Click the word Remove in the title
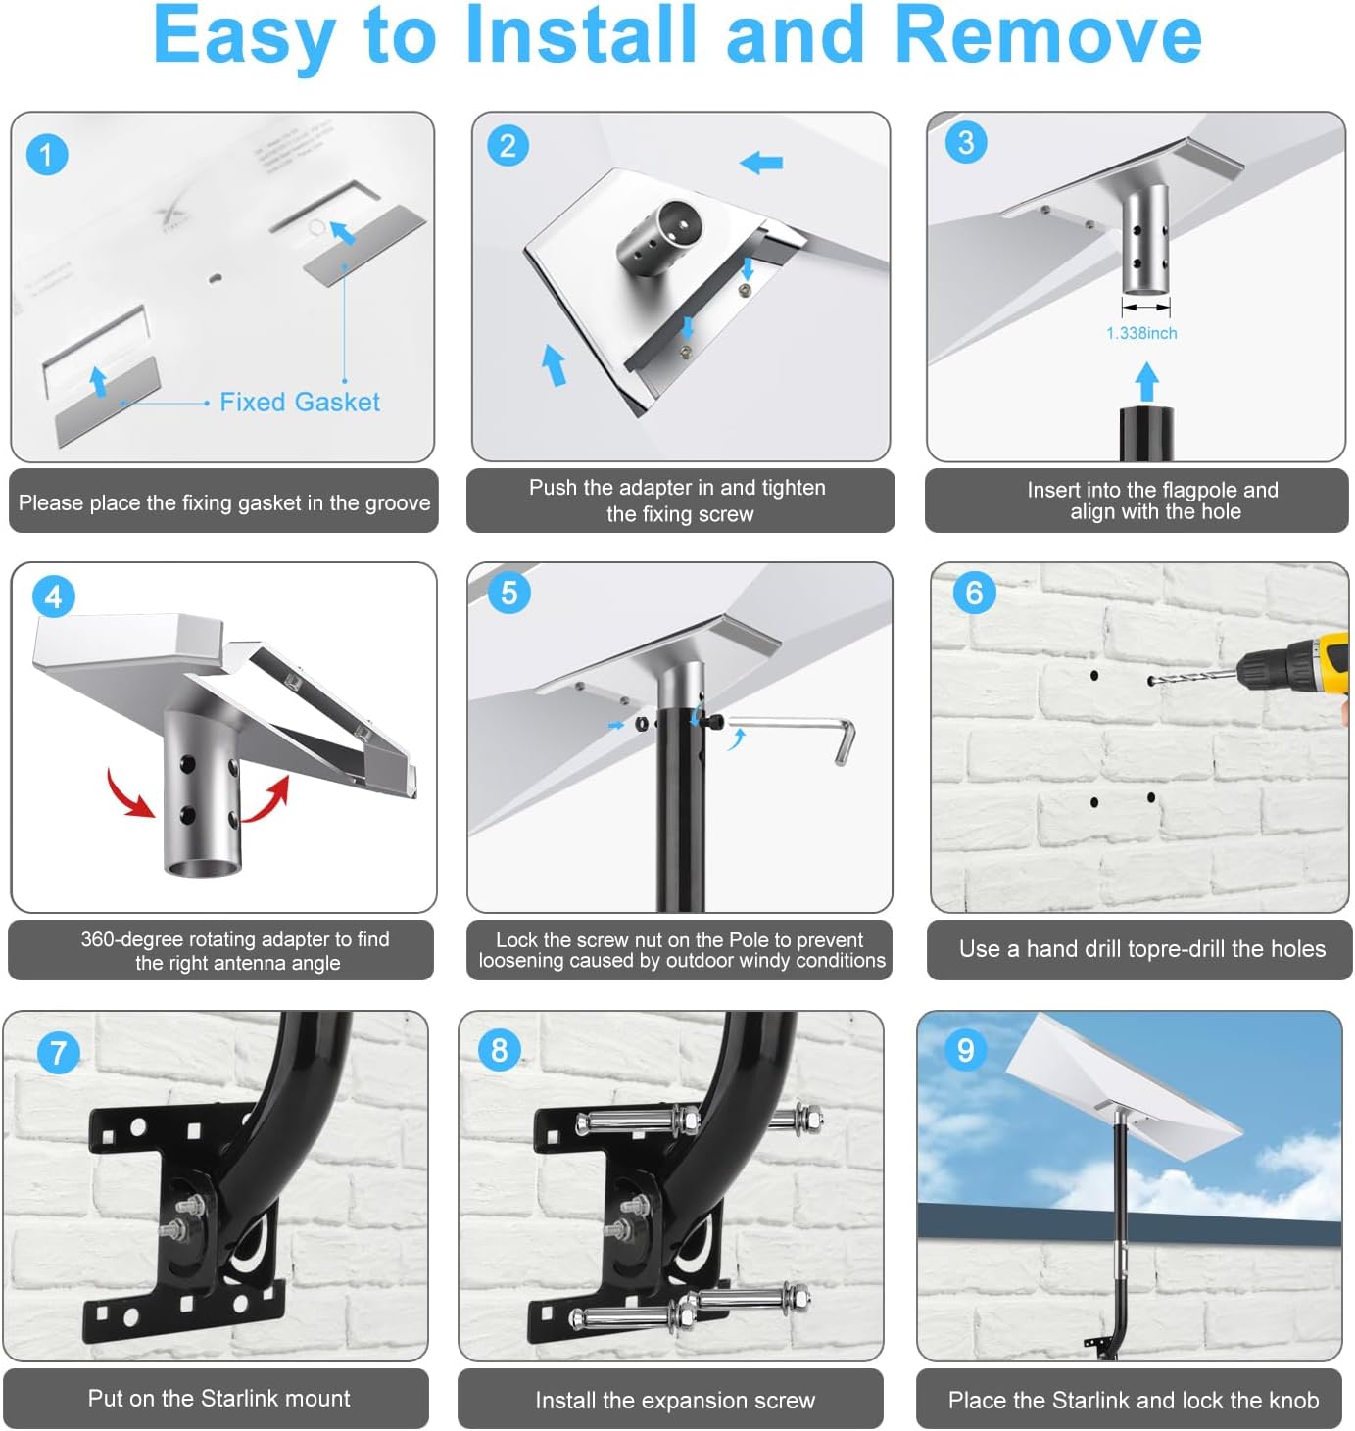(1047, 35)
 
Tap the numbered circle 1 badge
(46, 155)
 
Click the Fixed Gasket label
(299, 402)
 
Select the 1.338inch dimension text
(1141, 333)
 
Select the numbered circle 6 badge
(973, 593)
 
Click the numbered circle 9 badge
(965, 1050)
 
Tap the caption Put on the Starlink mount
(218, 1398)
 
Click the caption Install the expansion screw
(674, 1400)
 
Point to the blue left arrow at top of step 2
(761, 162)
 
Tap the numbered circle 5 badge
(508, 593)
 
